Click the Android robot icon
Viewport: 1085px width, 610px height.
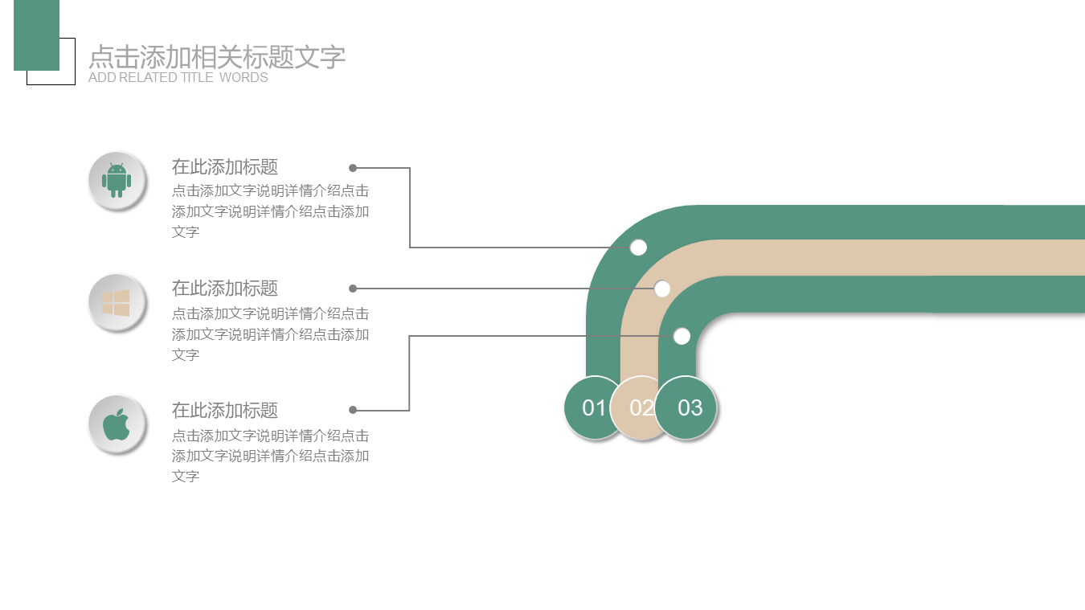117,180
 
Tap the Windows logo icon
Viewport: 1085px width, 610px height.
117,302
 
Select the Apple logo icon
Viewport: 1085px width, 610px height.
117,424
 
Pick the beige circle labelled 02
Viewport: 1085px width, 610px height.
640,408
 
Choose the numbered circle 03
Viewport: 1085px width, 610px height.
688,408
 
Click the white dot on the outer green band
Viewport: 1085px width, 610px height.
638,248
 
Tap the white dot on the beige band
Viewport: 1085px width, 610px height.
662,289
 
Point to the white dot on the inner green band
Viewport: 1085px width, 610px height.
682,336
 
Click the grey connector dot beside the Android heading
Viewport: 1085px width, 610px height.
353,168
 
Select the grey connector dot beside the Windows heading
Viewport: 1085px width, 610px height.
353,289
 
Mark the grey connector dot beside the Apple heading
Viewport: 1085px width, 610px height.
353,410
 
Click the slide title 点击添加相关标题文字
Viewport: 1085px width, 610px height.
217,57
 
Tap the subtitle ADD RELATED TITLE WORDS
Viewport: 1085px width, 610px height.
178,78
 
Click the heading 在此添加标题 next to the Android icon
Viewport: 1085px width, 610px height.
225,167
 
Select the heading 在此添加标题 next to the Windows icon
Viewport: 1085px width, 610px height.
225,289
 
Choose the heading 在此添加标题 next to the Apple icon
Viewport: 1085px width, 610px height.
225,411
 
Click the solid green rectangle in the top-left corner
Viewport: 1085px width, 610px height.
36,35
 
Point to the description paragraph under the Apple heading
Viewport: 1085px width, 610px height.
270,456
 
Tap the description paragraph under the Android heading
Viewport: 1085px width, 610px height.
270,211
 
